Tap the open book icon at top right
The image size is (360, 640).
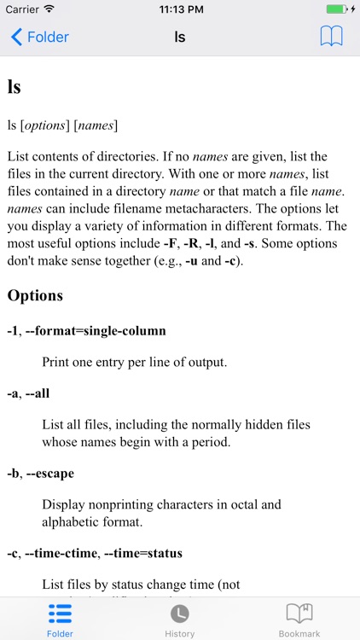331,37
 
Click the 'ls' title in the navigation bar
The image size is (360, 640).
179,38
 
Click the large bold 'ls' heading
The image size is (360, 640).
14,87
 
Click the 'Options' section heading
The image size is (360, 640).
35,295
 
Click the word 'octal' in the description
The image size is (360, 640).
228,505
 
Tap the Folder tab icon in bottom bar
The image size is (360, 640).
60,613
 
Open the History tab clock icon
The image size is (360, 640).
179,613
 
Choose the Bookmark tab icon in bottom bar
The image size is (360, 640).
299,613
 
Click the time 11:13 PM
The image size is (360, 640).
180,9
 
